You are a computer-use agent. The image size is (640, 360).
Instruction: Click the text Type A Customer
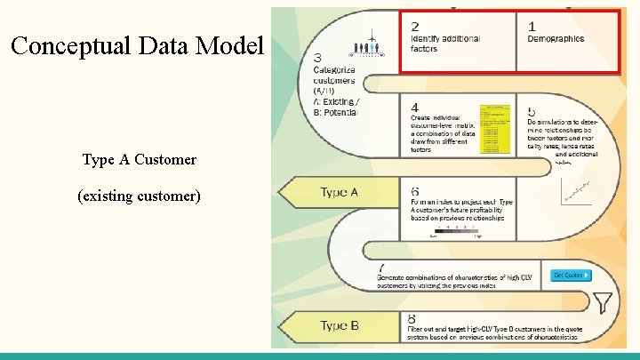pos(140,160)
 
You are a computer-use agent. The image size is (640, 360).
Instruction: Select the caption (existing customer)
pos(140,195)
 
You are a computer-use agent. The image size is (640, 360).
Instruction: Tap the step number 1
pos(532,26)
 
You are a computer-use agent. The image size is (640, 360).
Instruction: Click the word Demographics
pos(556,39)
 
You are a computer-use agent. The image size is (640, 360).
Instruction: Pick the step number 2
pos(415,26)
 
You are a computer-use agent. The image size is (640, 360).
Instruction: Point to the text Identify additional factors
pos(444,44)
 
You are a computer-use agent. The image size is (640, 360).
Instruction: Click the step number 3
pos(319,59)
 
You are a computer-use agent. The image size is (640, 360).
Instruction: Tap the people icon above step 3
pos(365,48)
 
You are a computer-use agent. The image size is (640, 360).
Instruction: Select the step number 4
pos(414,107)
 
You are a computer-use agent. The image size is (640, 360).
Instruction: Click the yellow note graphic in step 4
pos(495,130)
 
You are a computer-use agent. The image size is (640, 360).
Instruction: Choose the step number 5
pos(532,112)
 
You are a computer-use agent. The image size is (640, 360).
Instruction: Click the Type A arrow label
pos(339,192)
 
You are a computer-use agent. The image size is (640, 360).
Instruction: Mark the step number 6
pos(414,191)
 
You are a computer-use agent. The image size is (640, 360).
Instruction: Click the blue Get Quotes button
pos(571,276)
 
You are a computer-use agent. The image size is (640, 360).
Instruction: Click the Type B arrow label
pos(340,325)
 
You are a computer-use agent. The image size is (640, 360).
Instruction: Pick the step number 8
pos(412,318)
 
